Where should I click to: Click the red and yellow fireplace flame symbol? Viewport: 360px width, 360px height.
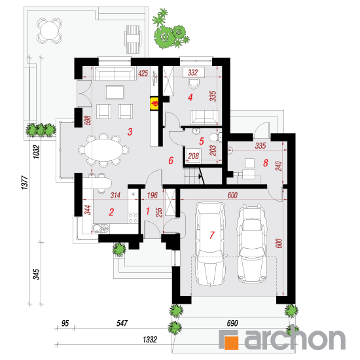pyautogui.click(x=154, y=104)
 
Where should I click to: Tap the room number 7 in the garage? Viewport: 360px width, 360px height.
pyautogui.click(x=212, y=235)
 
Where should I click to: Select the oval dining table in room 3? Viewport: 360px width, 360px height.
pyautogui.click(x=103, y=150)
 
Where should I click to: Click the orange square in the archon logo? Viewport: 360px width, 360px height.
pyautogui.click(x=231, y=343)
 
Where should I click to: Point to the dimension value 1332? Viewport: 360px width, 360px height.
pyautogui.click(x=150, y=339)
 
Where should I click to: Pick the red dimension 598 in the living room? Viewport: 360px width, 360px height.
pyautogui.click(x=88, y=120)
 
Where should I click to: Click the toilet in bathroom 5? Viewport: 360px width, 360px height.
pyautogui.click(x=214, y=137)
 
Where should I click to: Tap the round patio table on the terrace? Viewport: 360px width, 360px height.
pyautogui.click(x=50, y=31)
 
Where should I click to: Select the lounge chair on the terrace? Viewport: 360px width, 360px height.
pyautogui.click(x=132, y=39)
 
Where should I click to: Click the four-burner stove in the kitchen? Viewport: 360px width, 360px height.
pyautogui.click(x=133, y=218)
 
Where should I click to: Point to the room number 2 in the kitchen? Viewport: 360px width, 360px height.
pyautogui.click(x=111, y=212)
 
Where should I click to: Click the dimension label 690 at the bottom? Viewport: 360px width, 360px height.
pyautogui.click(x=232, y=323)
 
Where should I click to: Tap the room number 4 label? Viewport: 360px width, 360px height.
pyautogui.click(x=190, y=98)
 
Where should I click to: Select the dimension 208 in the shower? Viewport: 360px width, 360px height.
pyautogui.click(x=193, y=156)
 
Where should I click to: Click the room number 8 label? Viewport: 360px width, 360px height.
pyautogui.click(x=266, y=163)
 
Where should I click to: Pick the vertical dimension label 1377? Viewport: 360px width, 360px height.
pyautogui.click(x=25, y=183)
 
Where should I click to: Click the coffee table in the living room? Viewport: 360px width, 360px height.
pyautogui.click(x=115, y=92)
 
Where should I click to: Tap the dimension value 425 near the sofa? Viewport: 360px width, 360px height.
pyautogui.click(x=143, y=73)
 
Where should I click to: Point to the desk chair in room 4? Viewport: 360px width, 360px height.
pyautogui.click(x=194, y=84)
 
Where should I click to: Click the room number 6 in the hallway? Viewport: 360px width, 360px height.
pyautogui.click(x=171, y=160)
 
